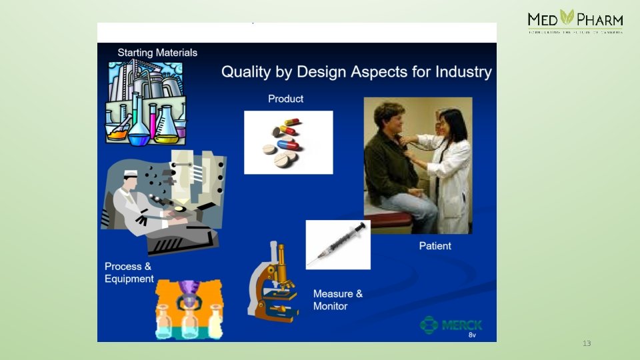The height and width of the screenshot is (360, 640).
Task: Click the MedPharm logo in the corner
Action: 575,21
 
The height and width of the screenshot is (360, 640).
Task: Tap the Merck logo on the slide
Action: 451,325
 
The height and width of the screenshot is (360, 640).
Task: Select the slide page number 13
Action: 587,343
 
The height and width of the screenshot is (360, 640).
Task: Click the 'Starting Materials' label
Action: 157,53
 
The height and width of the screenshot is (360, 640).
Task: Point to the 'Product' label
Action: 285,99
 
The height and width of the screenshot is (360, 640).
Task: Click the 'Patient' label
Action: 435,246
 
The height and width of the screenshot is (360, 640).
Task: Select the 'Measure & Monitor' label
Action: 338,300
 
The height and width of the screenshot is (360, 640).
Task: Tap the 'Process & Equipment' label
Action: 129,273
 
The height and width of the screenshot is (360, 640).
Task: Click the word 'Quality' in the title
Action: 246,72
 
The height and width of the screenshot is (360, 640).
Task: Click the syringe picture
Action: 338,245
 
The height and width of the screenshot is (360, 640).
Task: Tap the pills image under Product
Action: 288,143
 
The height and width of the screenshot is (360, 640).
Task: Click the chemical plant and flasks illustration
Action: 145,101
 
